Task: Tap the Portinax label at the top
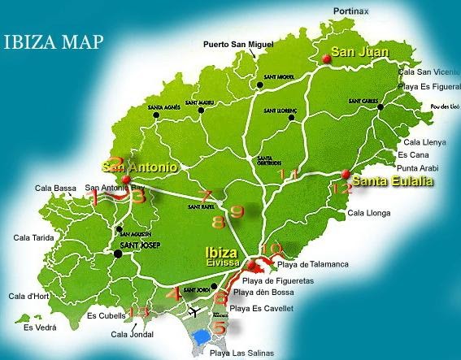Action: tap(350, 11)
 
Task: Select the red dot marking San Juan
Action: tap(326, 58)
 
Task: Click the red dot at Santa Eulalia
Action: tap(346, 174)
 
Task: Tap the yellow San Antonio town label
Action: tap(140, 167)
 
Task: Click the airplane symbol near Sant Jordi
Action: tap(194, 310)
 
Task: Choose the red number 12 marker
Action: tap(342, 189)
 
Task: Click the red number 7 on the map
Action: tap(206, 196)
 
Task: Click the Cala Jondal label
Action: tap(131, 334)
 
